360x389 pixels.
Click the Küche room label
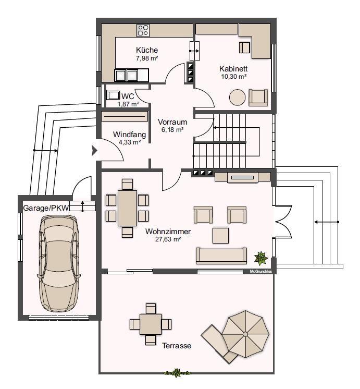[x=147, y=50]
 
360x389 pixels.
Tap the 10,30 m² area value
[x=233, y=77]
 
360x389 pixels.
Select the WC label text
[x=128, y=96]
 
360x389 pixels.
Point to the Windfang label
[x=129, y=135]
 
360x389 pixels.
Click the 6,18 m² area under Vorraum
[x=172, y=129]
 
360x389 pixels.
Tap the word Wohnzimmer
[x=168, y=232]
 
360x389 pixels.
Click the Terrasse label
[x=177, y=346]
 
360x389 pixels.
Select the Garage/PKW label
[x=46, y=208]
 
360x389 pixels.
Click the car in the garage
[x=59, y=263]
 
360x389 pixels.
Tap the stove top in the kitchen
[x=143, y=30]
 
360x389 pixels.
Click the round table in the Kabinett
[x=237, y=97]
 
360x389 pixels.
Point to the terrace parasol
[x=245, y=334]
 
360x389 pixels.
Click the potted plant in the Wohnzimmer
[x=261, y=258]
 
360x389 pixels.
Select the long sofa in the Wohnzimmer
[x=221, y=256]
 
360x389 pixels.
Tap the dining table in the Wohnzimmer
[x=127, y=208]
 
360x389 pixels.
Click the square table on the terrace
[x=151, y=324]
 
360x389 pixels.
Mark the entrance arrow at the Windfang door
[x=94, y=150]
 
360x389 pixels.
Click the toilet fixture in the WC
[x=113, y=95]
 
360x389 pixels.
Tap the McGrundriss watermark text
[x=260, y=272]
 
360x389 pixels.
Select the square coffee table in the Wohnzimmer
[x=220, y=236]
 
